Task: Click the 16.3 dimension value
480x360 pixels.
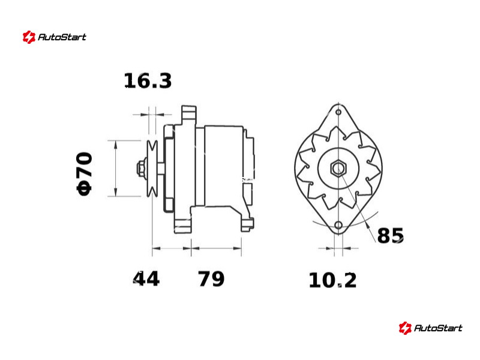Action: coord(148,81)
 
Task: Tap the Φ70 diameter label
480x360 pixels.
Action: coord(84,173)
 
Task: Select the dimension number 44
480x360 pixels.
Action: coord(146,278)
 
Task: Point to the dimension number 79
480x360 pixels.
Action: coord(211,278)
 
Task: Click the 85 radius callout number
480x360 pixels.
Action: coord(391,235)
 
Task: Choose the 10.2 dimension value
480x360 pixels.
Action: coord(333,280)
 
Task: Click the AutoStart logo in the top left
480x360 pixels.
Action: coord(54,37)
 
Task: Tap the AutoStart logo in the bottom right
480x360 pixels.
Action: coord(430,328)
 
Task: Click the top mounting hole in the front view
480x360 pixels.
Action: coord(338,112)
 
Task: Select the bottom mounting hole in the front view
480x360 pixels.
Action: coord(338,226)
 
